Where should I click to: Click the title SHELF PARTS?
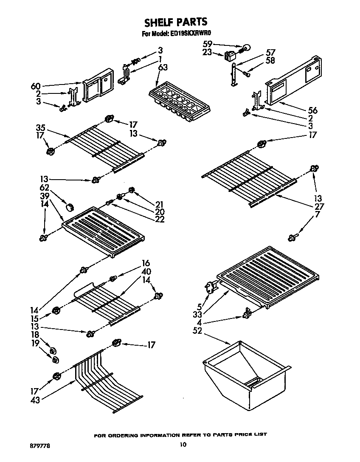(x=175, y=22)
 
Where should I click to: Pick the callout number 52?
(x=197, y=331)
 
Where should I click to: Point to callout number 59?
(x=207, y=44)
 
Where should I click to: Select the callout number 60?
(x=36, y=87)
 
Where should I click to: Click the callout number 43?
(x=36, y=400)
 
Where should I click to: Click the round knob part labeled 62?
(x=70, y=207)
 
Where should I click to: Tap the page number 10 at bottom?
(x=183, y=445)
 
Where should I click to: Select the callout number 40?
(x=147, y=271)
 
